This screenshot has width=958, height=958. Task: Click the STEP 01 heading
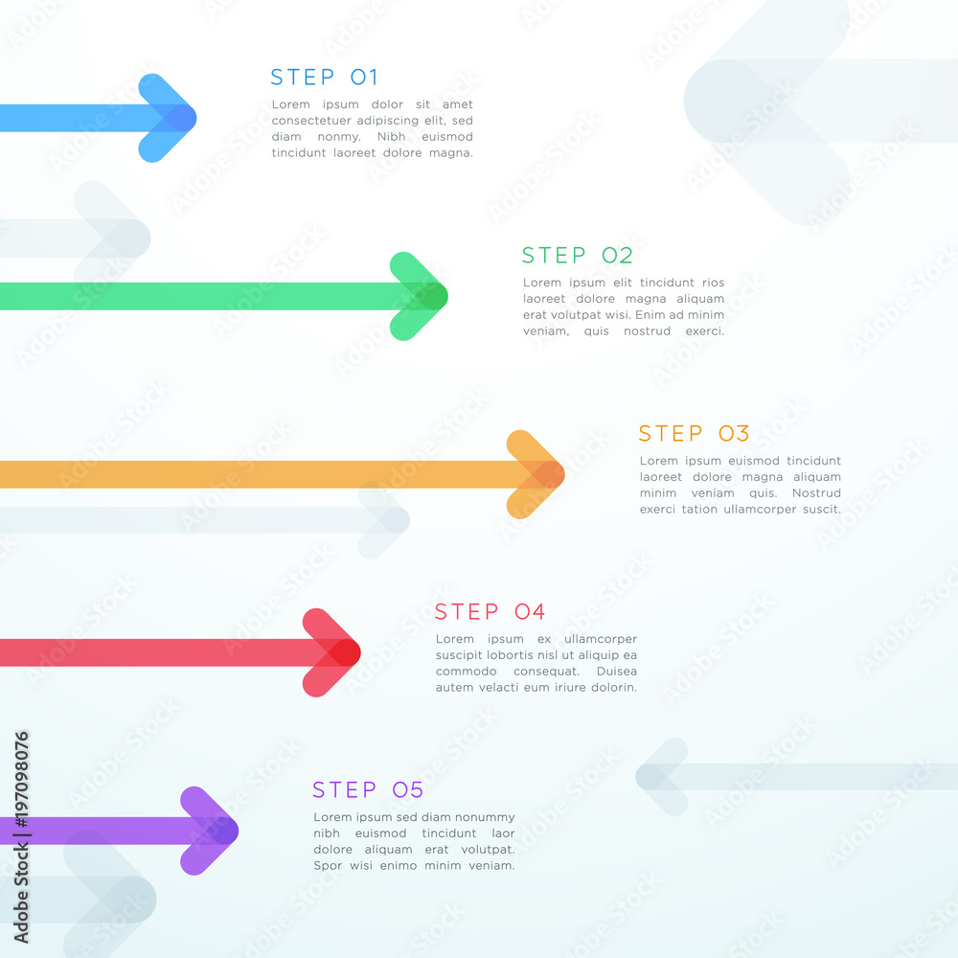click(x=325, y=77)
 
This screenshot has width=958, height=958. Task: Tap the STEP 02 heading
click(x=578, y=256)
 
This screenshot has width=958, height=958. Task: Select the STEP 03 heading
click(x=694, y=433)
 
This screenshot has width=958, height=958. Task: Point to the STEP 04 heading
click(x=490, y=611)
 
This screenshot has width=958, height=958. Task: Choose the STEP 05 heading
click(x=368, y=790)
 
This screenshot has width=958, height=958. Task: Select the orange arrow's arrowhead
click(x=536, y=474)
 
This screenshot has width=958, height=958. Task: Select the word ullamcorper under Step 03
click(x=760, y=510)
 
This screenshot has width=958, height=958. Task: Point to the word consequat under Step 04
click(x=546, y=672)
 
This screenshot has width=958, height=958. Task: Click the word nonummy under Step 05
click(x=482, y=817)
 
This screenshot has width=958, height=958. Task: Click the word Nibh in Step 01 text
click(x=391, y=137)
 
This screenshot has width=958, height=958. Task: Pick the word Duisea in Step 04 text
click(x=616, y=672)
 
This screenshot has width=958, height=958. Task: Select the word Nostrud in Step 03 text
click(x=816, y=493)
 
